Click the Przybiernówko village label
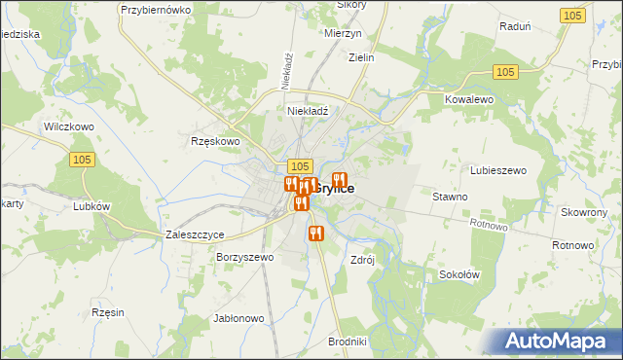(x=154, y=9)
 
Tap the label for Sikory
(x=350, y=5)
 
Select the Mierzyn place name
(x=343, y=32)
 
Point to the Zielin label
(x=359, y=57)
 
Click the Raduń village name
(x=514, y=26)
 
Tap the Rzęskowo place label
(x=215, y=141)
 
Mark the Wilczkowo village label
(x=68, y=127)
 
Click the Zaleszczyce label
(x=196, y=235)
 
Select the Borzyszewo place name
(x=246, y=258)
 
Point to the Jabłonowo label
(x=238, y=318)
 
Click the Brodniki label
(x=348, y=342)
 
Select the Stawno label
(x=450, y=197)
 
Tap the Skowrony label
(x=584, y=212)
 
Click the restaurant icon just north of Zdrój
(x=315, y=234)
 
